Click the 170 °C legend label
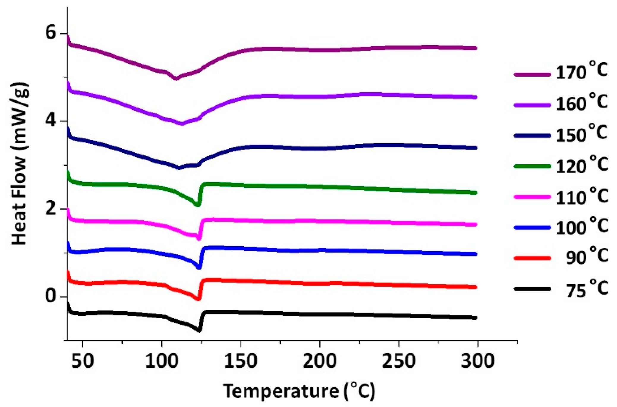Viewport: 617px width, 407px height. tap(582, 71)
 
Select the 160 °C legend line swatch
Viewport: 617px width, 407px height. tap(532, 105)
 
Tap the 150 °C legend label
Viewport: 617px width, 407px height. tap(582, 134)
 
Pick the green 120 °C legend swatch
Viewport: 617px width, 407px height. tap(532, 166)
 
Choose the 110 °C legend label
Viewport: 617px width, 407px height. tap(582, 197)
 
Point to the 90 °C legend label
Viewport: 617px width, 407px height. tap(586, 256)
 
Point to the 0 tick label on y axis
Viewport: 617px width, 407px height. tap(51, 297)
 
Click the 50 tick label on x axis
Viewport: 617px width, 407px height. tap(83, 361)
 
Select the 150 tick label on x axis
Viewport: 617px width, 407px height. tap(240, 361)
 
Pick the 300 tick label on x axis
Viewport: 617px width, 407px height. tap(477, 361)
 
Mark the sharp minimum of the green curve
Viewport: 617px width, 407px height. tap(197, 205)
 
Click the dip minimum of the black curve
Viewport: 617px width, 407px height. tap(199, 330)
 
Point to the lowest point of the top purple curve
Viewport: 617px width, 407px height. tap(176, 79)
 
